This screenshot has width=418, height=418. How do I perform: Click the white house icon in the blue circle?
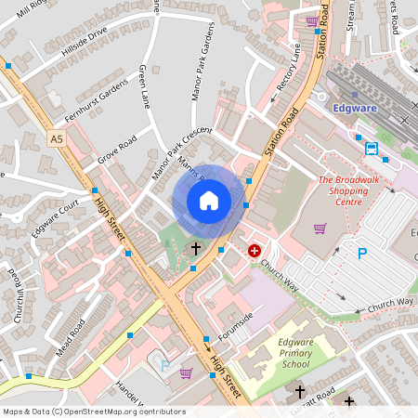click(x=209, y=200)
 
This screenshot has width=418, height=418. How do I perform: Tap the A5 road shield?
click(x=59, y=138)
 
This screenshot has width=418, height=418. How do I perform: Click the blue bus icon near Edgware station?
click(x=372, y=148)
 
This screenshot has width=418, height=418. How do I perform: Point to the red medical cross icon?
click(x=255, y=250)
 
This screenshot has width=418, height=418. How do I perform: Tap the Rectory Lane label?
click(x=291, y=73)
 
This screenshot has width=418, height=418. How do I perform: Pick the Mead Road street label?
click(x=70, y=338)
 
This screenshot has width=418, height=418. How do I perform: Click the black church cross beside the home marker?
click(x=195, y=248)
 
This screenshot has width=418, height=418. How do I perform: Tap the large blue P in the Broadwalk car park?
click(x=362, y=253)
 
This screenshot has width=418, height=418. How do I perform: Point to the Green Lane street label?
click(x=144, y=86)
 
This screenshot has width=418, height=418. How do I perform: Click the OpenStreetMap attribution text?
click(x=94, y=411)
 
